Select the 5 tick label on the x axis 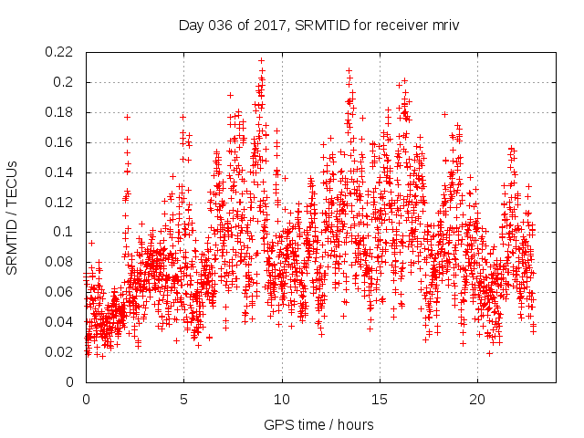[183, 399]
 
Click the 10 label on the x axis [282, 399]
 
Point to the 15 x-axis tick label [380, 399]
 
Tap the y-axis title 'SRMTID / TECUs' [13, 217]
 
